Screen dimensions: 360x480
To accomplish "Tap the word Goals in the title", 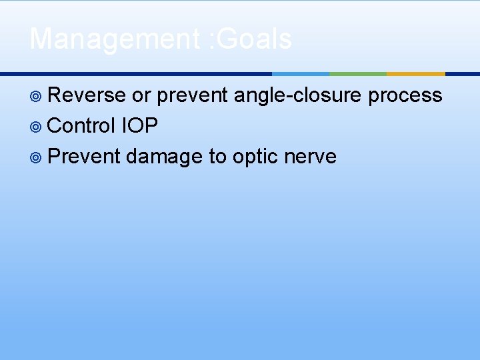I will (257, 39).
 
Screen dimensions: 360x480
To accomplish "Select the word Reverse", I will (87, 95).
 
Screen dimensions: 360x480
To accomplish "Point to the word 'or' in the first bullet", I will (141, 95).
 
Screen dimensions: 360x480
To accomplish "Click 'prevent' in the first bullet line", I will (192, 95).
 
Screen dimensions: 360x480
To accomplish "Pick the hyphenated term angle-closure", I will (299, 95).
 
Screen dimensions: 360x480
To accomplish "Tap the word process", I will (405, 95).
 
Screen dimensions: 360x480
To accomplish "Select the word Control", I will (81, 126).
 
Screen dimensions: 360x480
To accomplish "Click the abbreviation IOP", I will (139, 126).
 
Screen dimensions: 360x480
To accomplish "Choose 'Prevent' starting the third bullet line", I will (84, 157).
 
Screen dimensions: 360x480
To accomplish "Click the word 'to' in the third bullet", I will (217, 157).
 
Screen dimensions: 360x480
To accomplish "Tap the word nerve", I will (310, 157).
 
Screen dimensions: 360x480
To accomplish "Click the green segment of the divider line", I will (358, 73).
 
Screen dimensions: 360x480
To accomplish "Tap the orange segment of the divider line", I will (415, 73).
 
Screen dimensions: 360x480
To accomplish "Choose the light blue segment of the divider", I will (301, 73).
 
